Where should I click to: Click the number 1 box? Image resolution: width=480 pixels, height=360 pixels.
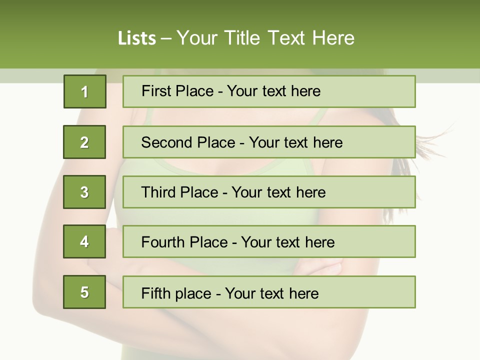pos(84,91)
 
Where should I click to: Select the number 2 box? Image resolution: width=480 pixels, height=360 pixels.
pos(84,142)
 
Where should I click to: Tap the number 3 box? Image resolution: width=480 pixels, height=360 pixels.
pos(84,192)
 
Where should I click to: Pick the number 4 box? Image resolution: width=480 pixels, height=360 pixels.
pos(84,241)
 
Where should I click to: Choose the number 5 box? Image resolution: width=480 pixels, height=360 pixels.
pos(84,292)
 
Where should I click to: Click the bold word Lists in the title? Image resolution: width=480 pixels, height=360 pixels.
pos(137,38)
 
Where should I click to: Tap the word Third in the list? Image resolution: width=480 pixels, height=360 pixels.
pos(158,192)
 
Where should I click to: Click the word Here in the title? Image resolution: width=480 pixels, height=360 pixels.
pos(333,38)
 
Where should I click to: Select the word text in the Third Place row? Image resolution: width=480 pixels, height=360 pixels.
pos(279,192)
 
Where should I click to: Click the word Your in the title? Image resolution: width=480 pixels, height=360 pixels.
pos(198,38)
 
